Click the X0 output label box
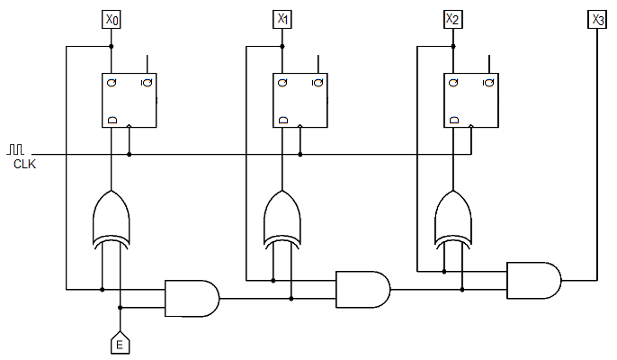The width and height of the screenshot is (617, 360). [112, 19]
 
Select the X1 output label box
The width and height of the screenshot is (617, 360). [282, 19]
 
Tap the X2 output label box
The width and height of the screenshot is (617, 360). [453, 19]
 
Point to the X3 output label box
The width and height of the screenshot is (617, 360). [597, 19]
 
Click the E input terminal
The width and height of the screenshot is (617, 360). [120, 343]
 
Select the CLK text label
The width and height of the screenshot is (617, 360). [24, 164]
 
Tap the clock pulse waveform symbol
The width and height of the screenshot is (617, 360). [15, 148]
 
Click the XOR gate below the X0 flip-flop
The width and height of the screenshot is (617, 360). [112, 220]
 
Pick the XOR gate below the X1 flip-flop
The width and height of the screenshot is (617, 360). [282, 220]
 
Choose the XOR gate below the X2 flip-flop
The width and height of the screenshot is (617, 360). [453, 220]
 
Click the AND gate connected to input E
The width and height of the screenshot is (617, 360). [192, 299]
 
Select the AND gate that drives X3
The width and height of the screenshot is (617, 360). [534, 281]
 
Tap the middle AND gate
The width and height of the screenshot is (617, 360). [362, 290]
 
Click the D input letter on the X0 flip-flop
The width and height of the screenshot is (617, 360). [112, 120]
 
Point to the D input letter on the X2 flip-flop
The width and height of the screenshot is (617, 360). [454, 120]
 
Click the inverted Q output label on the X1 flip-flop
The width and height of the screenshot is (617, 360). [317, 83]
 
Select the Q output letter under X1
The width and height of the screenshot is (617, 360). [282, 83]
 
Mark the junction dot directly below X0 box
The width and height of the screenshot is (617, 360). [112, 47]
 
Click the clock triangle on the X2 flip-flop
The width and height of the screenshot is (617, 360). [471, 126]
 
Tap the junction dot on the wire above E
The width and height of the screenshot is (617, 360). [121, 308]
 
